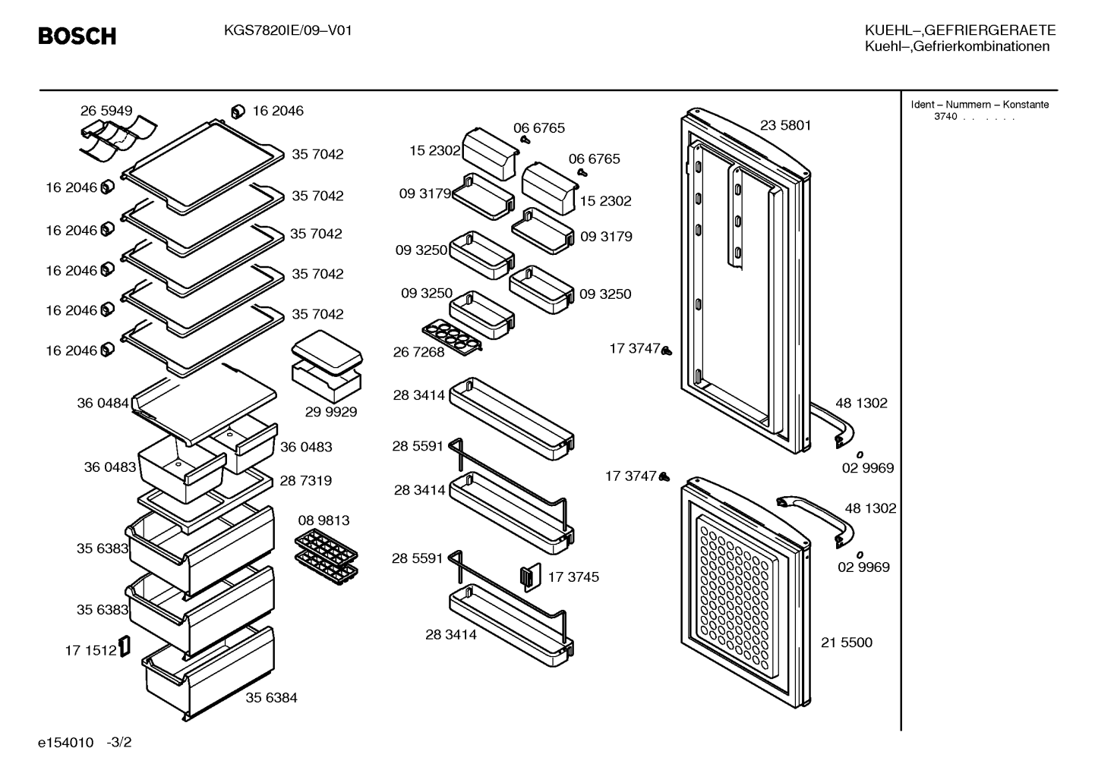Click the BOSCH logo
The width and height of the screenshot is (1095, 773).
point(77,36)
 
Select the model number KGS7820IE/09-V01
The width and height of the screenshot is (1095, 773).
point(288,31)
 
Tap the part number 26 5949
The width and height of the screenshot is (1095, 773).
point(106,111)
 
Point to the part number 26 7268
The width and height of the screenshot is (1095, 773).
point(418,352)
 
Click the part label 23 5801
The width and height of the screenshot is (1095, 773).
point(785,125)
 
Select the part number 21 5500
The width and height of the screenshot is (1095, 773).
point(846,642)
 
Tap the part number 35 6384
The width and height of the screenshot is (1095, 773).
point(271,698)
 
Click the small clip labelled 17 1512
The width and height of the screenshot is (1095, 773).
point(125,646)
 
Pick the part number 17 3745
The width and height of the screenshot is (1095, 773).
point(573,577)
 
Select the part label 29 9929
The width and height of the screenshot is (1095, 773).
point(331,412)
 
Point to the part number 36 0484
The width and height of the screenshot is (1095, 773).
point(103,404)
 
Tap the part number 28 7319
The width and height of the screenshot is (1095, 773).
point(305,481)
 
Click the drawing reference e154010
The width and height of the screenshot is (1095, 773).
point(65,743)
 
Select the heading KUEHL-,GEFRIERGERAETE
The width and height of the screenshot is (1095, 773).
point(960,30)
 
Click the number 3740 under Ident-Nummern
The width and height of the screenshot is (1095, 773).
point(945,117)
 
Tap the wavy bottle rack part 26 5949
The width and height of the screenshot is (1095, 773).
point(118,138)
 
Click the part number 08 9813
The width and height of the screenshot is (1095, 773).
point(323,520)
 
